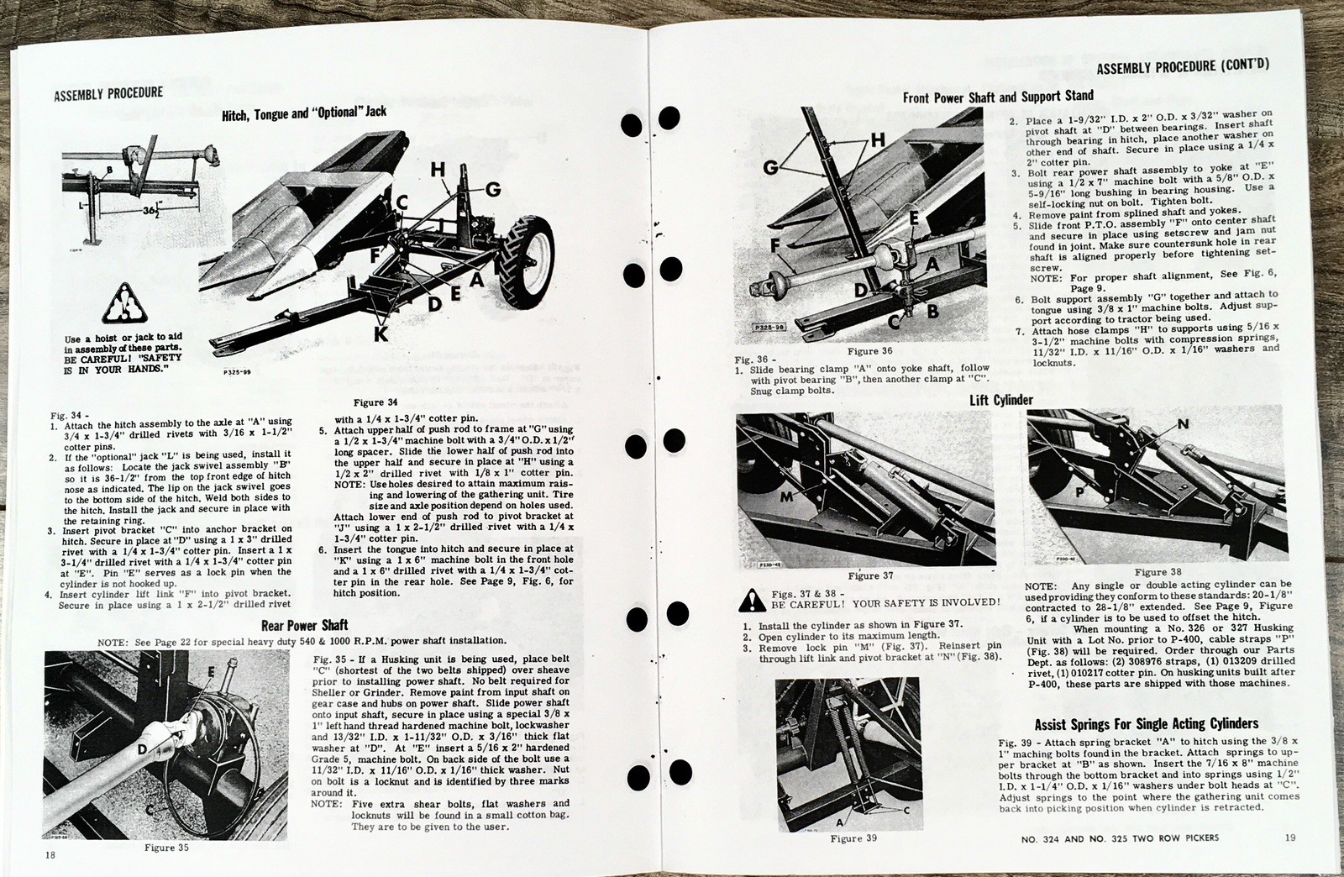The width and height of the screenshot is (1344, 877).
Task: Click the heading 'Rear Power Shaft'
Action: pyautogui.click(x=304, y=624)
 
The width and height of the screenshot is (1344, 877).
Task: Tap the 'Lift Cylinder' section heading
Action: pyautogui.click(x=1000, y=400)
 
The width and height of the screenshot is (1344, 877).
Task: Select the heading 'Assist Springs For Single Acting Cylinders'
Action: pyautogui.click(x=1146, y=723)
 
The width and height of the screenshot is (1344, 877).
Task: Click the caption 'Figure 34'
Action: pyautogui.click(x=375, y=402)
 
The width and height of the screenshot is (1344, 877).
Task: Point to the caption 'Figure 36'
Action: pyautogui.click(x=869, y=351)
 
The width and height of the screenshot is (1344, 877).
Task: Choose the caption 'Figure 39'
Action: pyautogui.click(x=853, y=838)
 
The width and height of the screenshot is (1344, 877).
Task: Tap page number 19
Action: pyautogui.click(x=1290, y=837)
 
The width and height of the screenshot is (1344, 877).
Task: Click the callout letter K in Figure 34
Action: pyautogui.click(x=381, y=333)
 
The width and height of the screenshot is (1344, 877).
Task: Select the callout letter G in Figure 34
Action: pyautogui.click(x=492, y=190)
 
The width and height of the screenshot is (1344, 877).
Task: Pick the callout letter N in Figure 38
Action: pyautogui.click(x=1183, y=424)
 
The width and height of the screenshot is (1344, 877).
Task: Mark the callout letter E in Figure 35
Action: pyautogui.click(x=212, y=672)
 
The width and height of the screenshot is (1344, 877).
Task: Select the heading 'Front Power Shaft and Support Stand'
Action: pyautogui.click(x=998, y=97)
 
